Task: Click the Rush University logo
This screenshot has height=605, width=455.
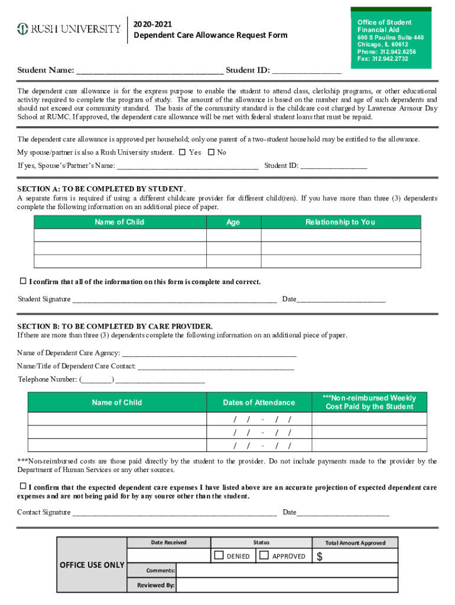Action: (69, 29)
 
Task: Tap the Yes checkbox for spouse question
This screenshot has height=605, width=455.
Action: (182, 152)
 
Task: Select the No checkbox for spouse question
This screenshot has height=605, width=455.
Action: (211, 152)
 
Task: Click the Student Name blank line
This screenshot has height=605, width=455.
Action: (149, 71)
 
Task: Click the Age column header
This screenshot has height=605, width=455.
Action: (233, 222)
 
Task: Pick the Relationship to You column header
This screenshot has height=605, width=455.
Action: (340, 222)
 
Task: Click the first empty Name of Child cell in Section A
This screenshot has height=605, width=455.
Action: (119, 235)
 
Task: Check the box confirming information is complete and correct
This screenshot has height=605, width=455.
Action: (23, 281)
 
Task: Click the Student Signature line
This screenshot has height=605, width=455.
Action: (174, 299)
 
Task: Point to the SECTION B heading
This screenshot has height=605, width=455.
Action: (115, 326)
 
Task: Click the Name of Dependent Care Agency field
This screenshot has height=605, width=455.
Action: (209, 353)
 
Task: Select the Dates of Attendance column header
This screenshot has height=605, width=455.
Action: (258, 403)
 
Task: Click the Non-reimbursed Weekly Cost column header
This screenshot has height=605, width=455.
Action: (369, 402)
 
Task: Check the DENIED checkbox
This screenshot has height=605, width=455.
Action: (219, 555)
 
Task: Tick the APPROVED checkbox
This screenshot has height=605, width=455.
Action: (264, 555)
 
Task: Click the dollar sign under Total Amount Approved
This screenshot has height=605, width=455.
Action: (320, 557)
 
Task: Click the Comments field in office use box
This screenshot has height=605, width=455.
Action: (287, 571)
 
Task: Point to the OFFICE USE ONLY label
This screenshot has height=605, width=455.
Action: (92, 565)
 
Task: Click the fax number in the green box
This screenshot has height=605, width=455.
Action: (382, 58)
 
